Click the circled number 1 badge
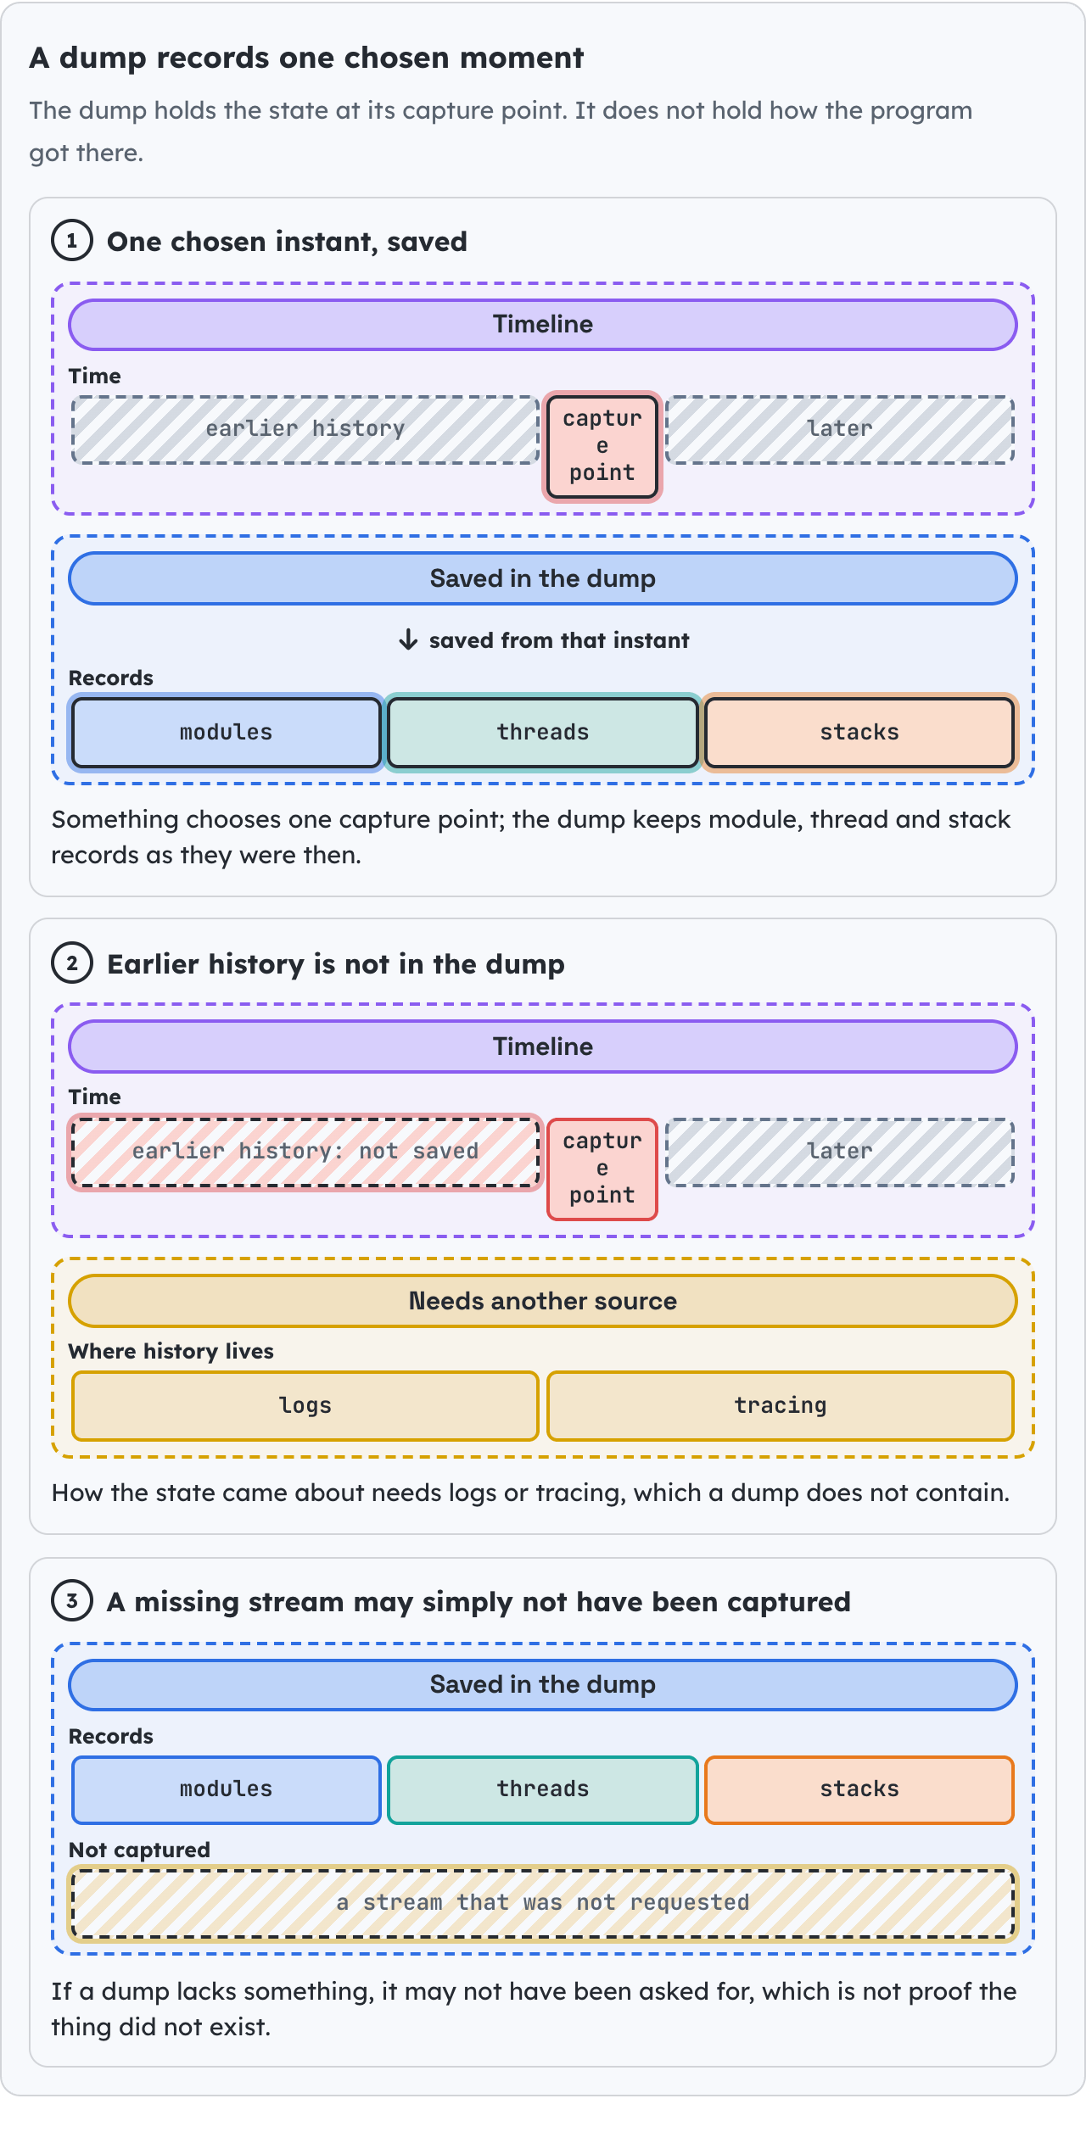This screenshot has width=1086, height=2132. [x=72, y=241]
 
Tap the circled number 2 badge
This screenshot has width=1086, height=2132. [x=72, y=963]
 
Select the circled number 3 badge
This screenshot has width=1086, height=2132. [x=72, y=1601]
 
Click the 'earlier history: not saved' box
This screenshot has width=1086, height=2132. [x=305, y=1152]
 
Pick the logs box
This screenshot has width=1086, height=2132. [x=305, y=1405]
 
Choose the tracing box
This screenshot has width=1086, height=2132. [x=781, y=1405]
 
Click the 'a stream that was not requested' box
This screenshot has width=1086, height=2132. [x=543, y=1903]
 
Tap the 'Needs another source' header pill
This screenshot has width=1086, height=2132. [x=543, y=1301]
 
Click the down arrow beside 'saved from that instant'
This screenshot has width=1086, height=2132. [x=408, y=639]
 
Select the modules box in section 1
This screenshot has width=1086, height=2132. [x=227, y=732]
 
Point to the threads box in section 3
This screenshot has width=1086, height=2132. [x=543, y=1789]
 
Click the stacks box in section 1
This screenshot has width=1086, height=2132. [x=859, y=732]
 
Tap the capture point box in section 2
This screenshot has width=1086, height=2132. [x=602, y=1169]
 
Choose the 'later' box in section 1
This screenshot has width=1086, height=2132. [x=840, y=429]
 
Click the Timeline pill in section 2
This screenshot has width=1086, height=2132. [x=543, y=1046]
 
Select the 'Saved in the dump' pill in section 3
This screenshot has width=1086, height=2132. [x=543, y=1684]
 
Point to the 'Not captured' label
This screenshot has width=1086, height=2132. [x=139, y=1850]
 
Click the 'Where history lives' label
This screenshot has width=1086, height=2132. [x=171, y=1351]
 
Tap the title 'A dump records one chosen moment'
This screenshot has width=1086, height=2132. [x=306, y=58]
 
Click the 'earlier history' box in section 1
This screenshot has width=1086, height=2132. [x=305, y=429]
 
